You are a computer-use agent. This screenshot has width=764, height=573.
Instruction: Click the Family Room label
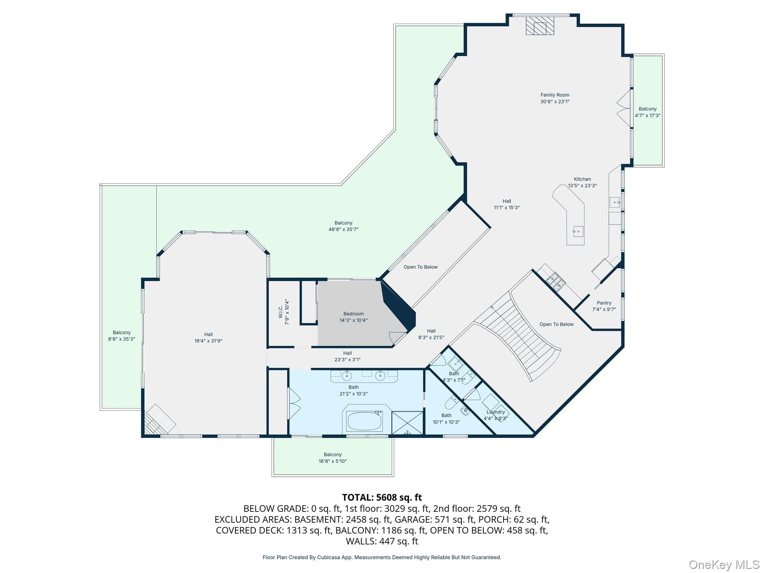tap(555, 95)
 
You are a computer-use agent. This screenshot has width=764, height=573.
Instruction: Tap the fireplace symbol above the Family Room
tap(539, 26)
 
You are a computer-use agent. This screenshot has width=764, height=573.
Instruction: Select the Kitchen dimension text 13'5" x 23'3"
tap(582, 185)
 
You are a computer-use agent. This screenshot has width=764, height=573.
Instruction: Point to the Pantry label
tap(604, 303)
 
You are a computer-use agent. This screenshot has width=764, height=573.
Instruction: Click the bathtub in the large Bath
tap(364, 421)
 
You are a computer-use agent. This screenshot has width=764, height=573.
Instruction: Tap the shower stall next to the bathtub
tap(407, 422)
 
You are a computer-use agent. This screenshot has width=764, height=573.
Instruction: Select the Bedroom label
tap(353, 314)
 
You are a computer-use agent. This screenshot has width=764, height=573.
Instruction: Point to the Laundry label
tap(495, 412)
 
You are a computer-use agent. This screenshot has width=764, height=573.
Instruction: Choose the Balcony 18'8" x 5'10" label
tap(332, 458)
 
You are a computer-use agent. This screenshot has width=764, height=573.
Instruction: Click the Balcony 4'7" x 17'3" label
tap(647, 112)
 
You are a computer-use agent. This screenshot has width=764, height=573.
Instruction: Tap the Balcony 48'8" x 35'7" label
tap(343, 226)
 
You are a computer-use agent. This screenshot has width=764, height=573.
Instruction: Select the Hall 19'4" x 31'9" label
tap(208, 338)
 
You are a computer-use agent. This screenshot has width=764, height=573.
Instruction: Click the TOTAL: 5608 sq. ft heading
tap(382, 497)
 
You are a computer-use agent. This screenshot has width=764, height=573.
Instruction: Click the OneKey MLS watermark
tap(724, 564)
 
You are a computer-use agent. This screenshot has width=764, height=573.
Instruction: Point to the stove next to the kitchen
tap(555, 281)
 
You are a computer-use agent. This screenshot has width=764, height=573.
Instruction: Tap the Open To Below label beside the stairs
tap(556, 324)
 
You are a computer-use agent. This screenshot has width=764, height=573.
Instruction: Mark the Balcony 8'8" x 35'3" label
tap(122, 336)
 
